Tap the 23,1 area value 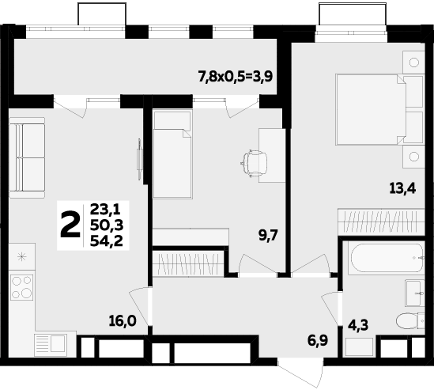[x=105, y=210]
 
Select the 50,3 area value [x=106, y=225]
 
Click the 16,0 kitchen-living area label [x=123, y=320]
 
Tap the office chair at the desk [x=255, y=163]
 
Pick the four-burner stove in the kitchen [x=22, y=286]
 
